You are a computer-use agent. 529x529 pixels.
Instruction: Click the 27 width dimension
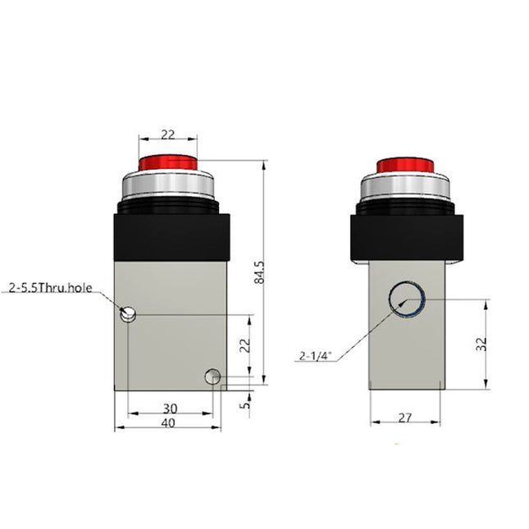click(x=404, y=417)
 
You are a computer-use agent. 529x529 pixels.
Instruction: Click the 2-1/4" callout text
click(x=315, y=356)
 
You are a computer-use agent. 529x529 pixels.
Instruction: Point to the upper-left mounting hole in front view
click(x=128, y=313)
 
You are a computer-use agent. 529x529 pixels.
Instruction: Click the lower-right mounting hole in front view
click(x=212, y=376)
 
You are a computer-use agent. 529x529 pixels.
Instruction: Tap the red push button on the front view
click(x=167, y=163)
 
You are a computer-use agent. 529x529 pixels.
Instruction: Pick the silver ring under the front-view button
click(x=167, y=188)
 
